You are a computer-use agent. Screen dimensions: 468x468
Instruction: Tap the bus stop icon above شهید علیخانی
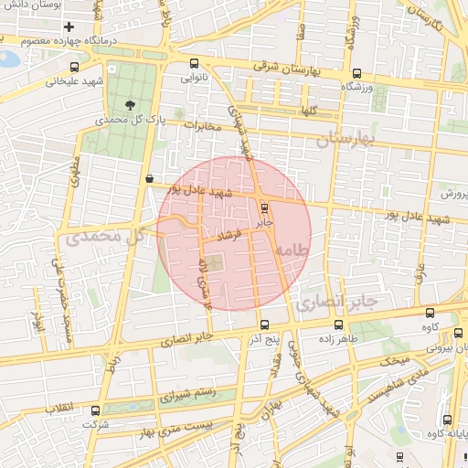pos(74,66)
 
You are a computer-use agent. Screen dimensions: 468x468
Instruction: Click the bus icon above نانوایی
pos(194,64)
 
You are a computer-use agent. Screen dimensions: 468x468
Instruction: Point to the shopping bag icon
pos(149,179)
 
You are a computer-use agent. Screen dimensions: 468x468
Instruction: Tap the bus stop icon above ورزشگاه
pos(356,73)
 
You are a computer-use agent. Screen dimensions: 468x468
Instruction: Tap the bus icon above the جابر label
pos(265,208)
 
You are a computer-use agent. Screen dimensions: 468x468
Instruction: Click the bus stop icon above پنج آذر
pos(265,324)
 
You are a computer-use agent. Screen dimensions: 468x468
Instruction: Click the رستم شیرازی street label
pos(188,395)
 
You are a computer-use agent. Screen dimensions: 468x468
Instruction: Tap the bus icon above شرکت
pos(90,411)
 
